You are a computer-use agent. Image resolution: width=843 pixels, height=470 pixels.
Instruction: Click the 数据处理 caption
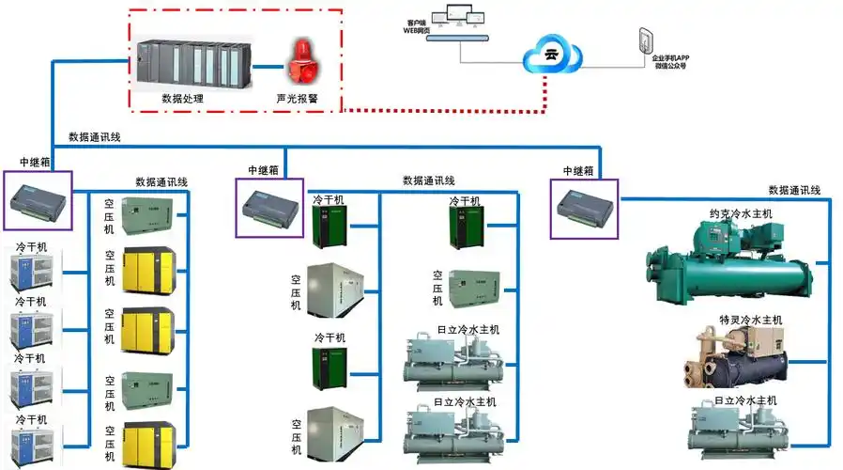coord(182,98)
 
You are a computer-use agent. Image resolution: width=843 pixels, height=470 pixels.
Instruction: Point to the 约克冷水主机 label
coord(741,213)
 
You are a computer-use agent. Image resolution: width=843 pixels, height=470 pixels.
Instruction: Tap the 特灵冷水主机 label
coord(750,321)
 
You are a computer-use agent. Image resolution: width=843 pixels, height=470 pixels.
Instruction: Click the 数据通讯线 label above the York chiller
coord(794,191)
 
